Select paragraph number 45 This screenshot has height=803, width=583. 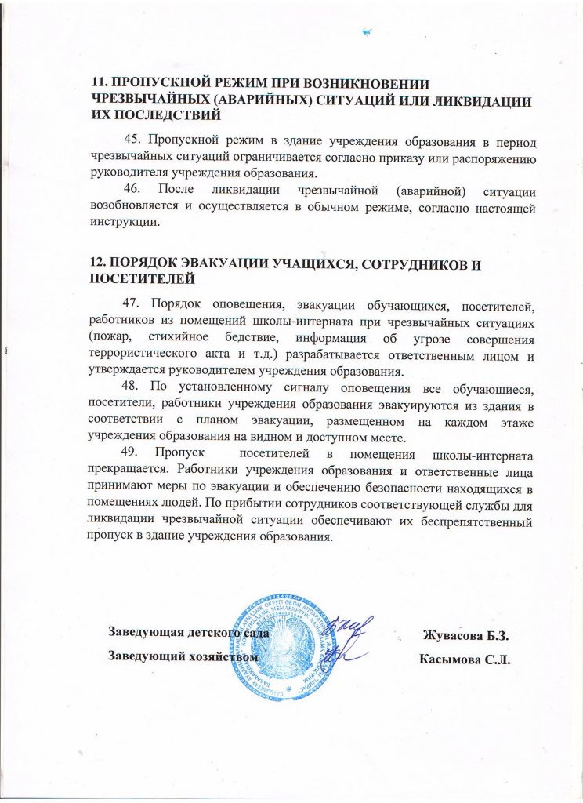(x=132, y=140)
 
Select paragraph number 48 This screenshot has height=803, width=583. (x=132, y=391)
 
